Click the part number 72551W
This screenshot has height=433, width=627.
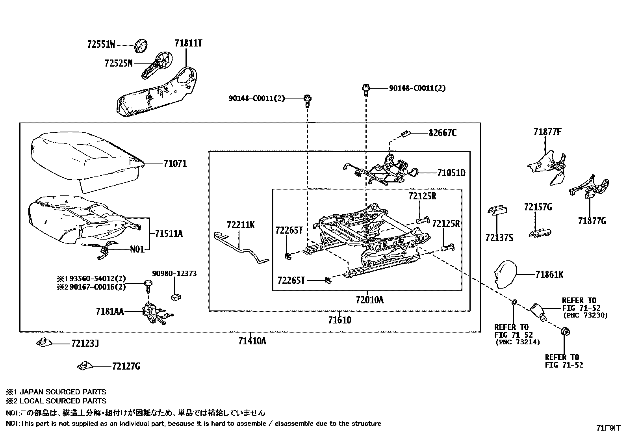click(101, 45)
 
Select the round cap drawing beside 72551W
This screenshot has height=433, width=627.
click(140, 45)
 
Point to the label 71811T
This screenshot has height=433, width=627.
click(188, 43)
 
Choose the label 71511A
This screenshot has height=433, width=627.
click(169, 234)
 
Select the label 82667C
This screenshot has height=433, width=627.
click(442, 133)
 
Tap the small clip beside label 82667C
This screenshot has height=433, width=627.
click(405, 134)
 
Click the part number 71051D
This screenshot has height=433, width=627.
click(451, 173)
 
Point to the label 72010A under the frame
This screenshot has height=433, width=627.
click(369, 300)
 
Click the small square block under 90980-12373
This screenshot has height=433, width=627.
click(175, 297)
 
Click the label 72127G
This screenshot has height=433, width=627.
click(126, 367)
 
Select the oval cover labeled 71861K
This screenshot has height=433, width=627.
click(505, 275)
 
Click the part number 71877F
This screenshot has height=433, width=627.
click(547, 132)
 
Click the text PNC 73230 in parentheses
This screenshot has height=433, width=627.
click(585, 315)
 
